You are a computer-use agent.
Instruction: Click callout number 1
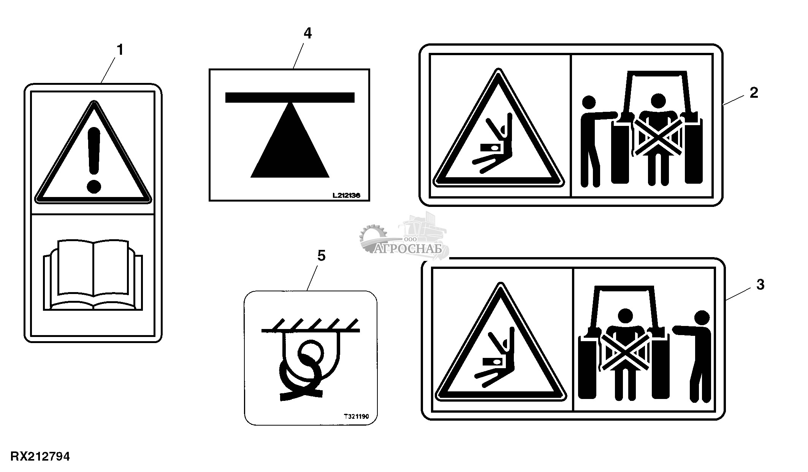click(120, 50)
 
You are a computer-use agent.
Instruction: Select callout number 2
click(754, 92)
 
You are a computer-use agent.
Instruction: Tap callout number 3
click(760, 284)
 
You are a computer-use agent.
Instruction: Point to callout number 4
click(307, 33)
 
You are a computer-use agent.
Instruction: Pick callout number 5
click(322, 256)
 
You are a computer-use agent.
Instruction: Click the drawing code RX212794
click(40, 456)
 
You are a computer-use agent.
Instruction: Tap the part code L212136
click(346, 195)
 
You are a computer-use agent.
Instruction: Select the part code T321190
click(356, 416)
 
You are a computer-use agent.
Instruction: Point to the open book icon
click(93, 275)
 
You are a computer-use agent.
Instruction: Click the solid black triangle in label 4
click(290, 140)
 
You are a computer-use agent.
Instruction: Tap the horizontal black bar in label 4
click(290, 97)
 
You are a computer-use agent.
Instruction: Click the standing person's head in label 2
click(589, 102)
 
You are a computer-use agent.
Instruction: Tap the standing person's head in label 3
click(702, 318)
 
